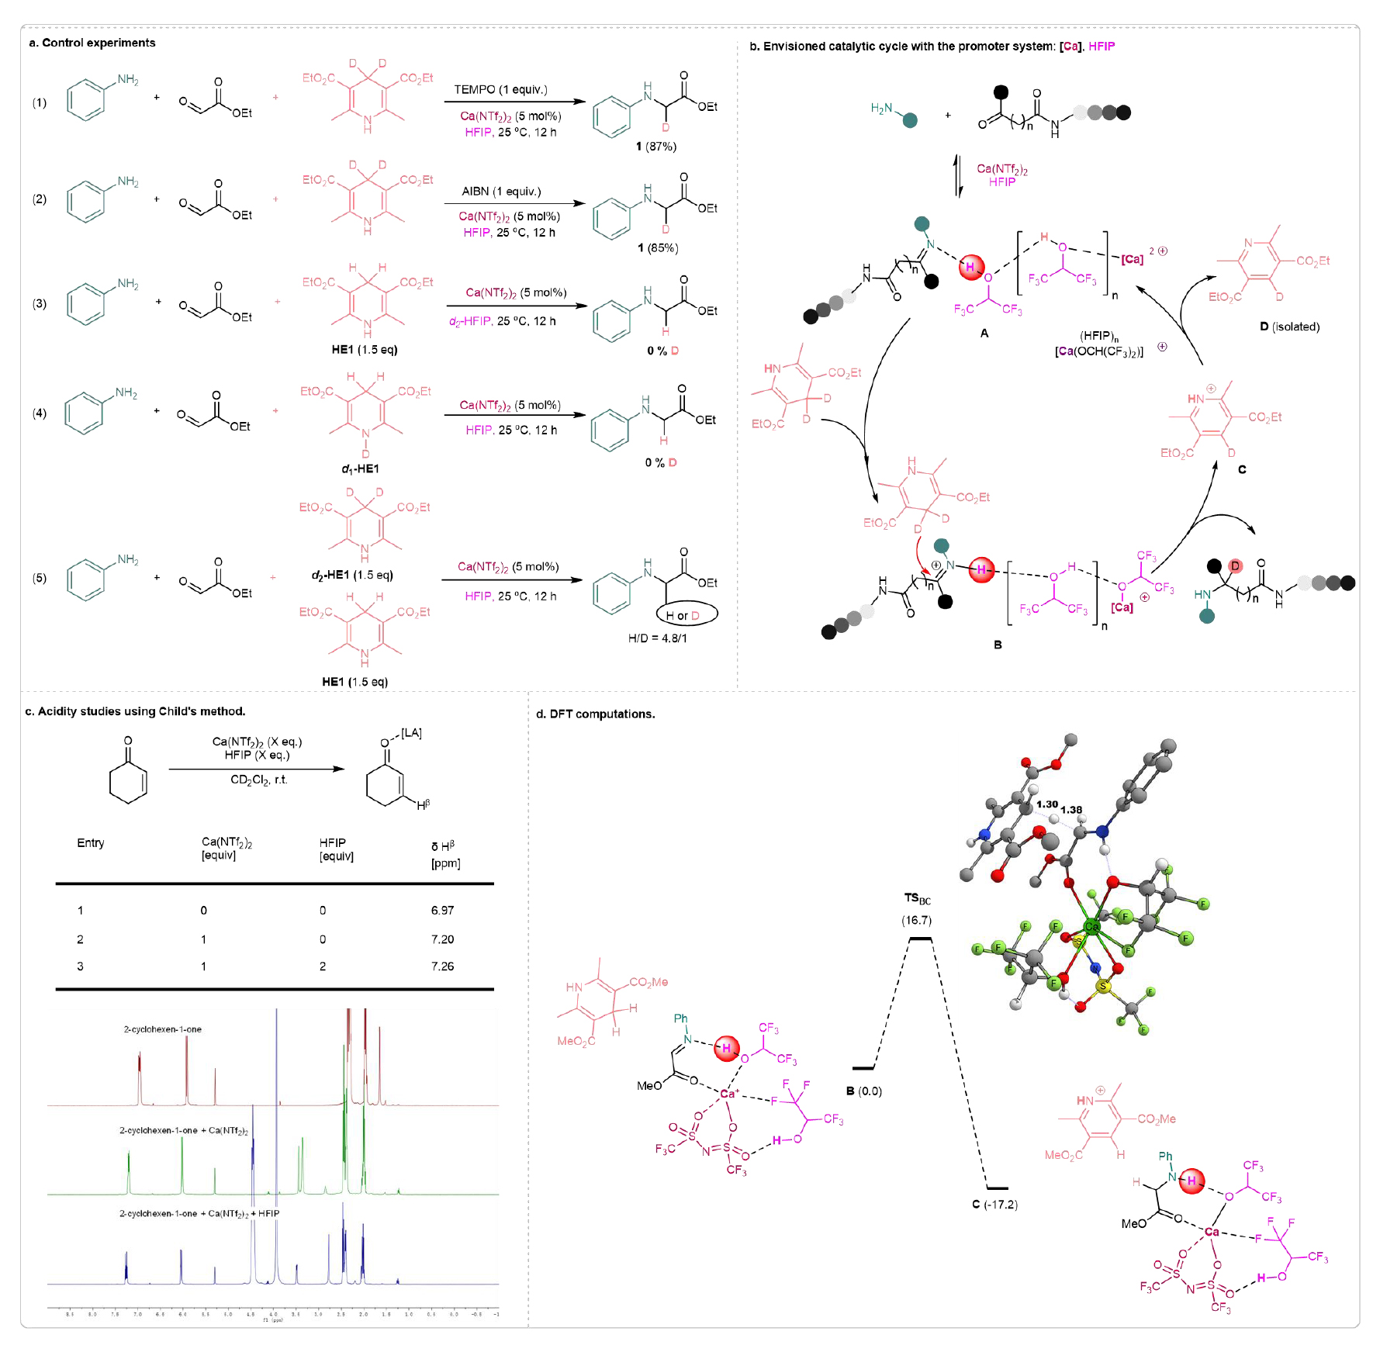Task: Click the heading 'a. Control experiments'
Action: (x=92, y=43)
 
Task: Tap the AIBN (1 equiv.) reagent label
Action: (x=501, y=191)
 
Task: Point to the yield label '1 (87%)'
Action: (x=655, y=146)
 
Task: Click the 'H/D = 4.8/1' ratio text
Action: (x=657, y=638)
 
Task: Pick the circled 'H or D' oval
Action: (x=687, y=615)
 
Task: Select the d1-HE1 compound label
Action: (x=360, y=469)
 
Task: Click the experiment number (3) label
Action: (x=40, y=303)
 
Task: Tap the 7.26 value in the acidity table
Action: (x=442, y=966)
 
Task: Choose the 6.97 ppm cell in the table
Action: (x=442, y=910)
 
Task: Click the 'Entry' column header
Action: (x=91, y=842)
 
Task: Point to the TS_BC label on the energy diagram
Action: (x=917, y=898)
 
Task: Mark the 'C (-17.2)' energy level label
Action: (x=994, y=1205)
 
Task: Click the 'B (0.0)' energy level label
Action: (x=864, y=1091)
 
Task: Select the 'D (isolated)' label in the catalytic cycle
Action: (x=1289, y=327)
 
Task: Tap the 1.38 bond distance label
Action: (x=1071, y=809)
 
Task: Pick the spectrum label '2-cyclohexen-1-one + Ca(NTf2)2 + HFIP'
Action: (x=199, y=1213)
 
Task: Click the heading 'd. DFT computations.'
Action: (x=595, y=714)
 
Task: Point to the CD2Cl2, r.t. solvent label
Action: (x=258, y=780)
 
